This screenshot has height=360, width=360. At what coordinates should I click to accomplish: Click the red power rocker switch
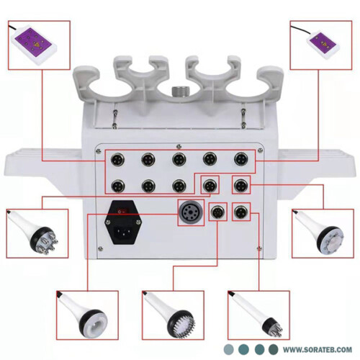(x=122, y=211)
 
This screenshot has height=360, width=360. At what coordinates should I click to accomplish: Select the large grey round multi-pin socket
(x=191, y=212)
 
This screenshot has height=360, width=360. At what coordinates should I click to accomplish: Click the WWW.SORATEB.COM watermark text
(x=318, y=349)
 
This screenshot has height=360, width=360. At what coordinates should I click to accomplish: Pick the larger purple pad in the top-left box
(x=33, y=42)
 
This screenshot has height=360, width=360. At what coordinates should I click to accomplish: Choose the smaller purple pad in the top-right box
(x=323, y=42)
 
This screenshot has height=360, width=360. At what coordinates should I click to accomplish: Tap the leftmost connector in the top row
(x=117, y=160)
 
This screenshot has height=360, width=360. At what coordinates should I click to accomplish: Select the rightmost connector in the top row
(x=241, y=159)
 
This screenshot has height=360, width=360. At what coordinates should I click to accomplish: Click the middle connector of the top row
(x=179, y=159)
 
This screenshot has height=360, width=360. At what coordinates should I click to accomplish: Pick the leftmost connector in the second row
(x=118, y=186)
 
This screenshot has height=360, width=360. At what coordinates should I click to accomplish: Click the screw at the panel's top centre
(x=179, y=146)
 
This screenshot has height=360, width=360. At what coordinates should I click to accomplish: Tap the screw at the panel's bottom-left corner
(x=101, y=248)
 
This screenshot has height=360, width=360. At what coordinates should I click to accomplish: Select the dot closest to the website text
(x=273, y=349)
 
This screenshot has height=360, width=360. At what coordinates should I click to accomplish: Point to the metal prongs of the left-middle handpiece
(x=49, y=243)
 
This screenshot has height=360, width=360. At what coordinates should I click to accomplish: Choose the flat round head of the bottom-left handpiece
(x=93, y=324)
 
